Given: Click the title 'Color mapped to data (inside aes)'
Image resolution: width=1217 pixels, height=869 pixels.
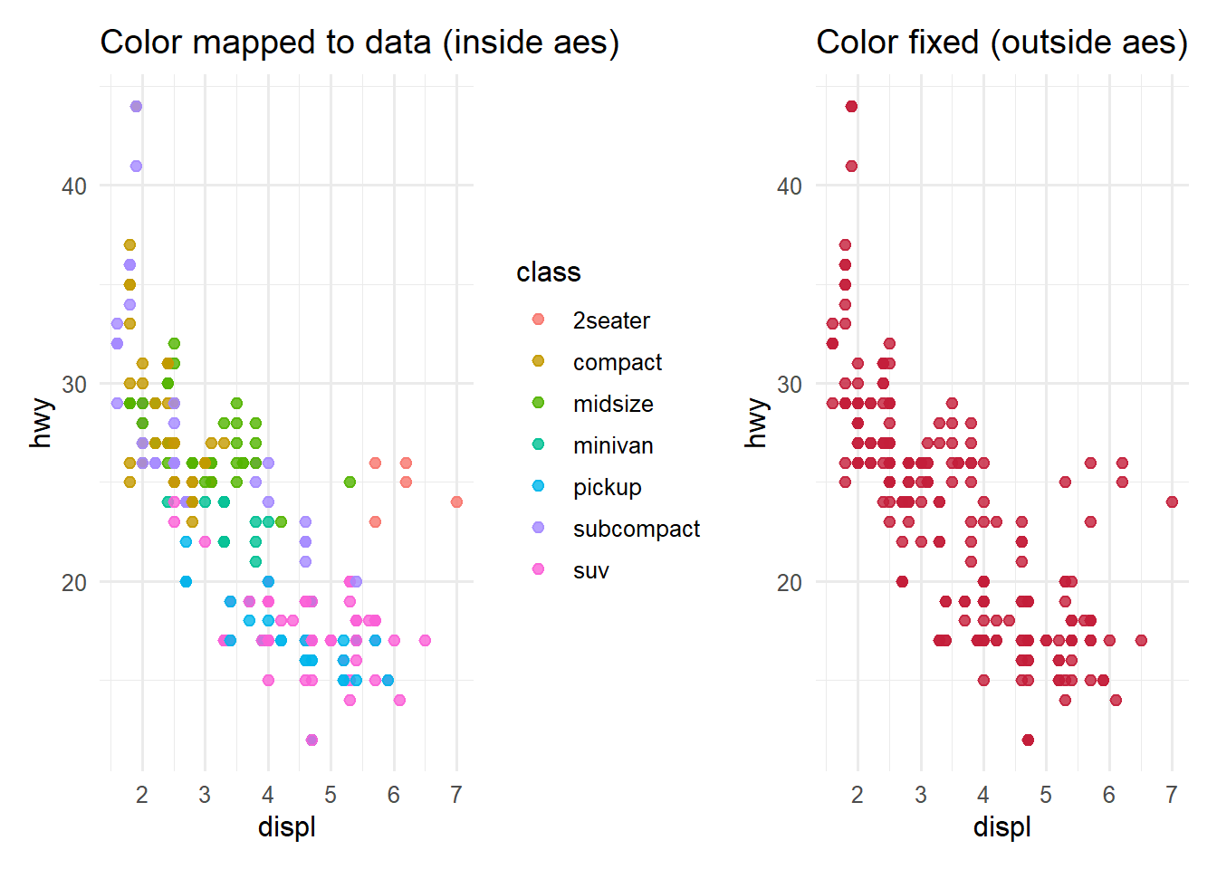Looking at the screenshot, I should [x=359, y=43].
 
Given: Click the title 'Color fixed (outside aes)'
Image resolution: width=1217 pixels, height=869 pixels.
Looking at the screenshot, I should [x=1001, y=43].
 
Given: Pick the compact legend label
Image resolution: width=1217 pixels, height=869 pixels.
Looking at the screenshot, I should [x=617, y=362].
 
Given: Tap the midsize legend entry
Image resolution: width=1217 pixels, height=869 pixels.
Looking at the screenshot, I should [x=613, y=404].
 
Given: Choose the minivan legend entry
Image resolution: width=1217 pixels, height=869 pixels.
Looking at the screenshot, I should [x=613, y=445].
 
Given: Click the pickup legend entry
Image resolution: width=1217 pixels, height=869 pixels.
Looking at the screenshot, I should [x=607, y=487].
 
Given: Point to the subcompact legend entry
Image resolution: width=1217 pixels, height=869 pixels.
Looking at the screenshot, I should [x=636, y=529].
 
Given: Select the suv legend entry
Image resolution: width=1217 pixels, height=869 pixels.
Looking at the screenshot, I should [x=590, y=570].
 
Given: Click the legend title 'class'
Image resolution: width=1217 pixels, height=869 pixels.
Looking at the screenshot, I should [x=548, y=272].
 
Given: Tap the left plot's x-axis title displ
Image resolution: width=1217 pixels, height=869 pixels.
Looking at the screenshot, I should [x=286, y=826].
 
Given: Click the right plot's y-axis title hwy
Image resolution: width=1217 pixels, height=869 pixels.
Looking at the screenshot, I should [x=756, y=423].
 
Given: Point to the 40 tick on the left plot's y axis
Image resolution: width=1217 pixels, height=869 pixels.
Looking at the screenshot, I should [x=74, y=186].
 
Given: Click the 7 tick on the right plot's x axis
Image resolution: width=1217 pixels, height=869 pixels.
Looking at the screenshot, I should [x=1172, y=795].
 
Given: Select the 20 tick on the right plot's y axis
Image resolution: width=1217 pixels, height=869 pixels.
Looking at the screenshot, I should [x=790, y=582].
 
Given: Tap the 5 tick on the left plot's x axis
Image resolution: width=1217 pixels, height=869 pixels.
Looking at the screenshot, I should [x=331, y=795].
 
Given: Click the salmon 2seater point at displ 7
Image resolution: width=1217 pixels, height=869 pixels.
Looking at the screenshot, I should [x=456, y=501].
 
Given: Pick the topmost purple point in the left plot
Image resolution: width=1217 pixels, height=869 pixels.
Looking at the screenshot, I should [x=136, y=107].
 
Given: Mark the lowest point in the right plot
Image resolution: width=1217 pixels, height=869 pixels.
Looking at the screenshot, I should [x=1028, y=740].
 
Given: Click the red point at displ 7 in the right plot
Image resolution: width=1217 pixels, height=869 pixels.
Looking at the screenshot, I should [x=1172, y=501].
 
